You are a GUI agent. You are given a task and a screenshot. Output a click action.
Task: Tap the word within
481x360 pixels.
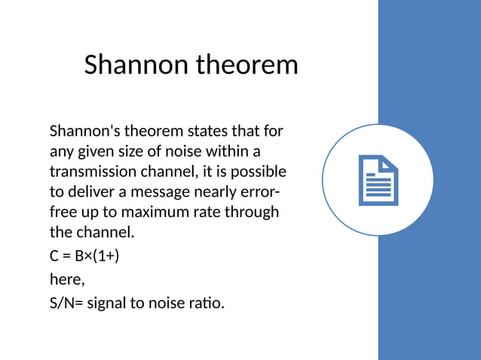(229, 151)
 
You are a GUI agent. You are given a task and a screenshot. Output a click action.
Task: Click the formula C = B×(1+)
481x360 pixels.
(84, 256)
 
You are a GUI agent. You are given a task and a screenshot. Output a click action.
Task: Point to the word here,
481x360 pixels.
(67, 279)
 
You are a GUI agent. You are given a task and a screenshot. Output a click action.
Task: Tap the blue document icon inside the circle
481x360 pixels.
(378, 180)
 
